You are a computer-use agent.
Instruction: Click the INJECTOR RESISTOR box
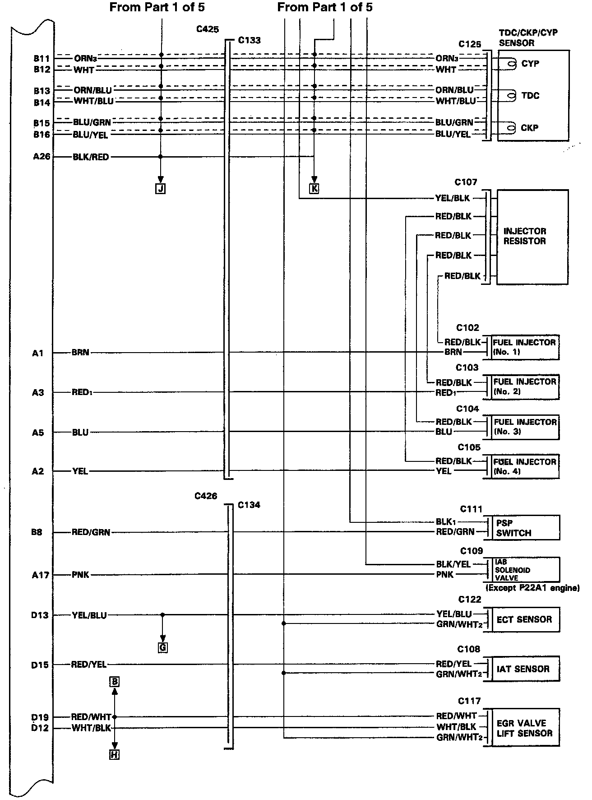point(532,237)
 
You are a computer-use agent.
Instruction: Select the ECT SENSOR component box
point(524,619)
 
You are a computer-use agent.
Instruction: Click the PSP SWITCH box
point(523,528)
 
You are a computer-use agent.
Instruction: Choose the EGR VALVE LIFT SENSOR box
point(524,728)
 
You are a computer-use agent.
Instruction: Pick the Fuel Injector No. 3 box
point(525,427)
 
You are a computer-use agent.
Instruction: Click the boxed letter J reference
point(160,189)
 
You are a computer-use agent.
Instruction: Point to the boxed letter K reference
point(314,189)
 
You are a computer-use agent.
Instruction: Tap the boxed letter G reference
point(162,648)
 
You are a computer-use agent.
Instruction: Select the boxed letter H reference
point(115,754)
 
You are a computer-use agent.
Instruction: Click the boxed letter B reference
point(115,681)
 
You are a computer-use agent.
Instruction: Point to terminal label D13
point(40,615)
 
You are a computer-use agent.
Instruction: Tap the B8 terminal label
point(37,532)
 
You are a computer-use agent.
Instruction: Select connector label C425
point(207,29)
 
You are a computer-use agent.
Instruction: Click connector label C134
point(249,505)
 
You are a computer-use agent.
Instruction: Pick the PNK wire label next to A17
point(80,575)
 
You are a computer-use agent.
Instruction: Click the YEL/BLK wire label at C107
point(452,198)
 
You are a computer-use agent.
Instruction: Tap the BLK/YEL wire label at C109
point(453,564)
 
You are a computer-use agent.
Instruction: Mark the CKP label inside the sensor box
point(529,128)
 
